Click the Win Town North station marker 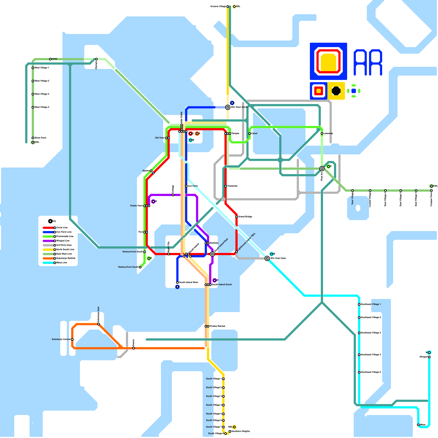coord(228,107)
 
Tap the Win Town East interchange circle coord(267,258)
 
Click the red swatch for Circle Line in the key coord(48,228)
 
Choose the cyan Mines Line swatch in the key coord(48,263)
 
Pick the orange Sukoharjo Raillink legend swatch coord(48,258)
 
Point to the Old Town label coord(160,138)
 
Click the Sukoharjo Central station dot coord(72,339)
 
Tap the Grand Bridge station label coord(245,217)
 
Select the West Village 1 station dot coord(33,68)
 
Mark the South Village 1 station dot coord(223,379)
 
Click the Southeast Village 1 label coord(371,304)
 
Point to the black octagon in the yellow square coord(336,91)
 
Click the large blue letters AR coord(368,62)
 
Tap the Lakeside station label coord(328,134)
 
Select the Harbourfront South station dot coord(140,267)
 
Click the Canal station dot coord(250,134)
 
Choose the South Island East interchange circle coord(212,254)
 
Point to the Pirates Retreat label coord(217,326)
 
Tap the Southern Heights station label coord(241,431)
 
